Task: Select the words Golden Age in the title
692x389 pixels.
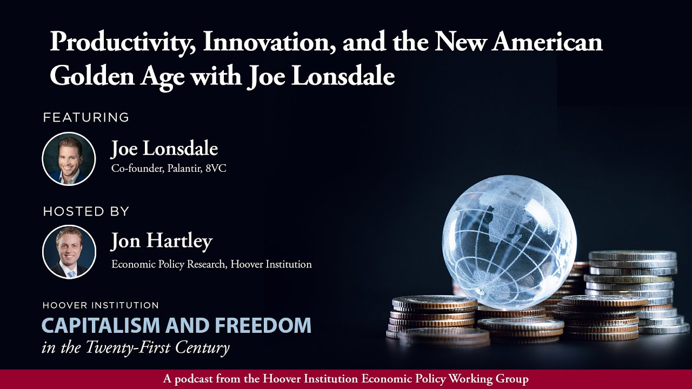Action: [116, 77]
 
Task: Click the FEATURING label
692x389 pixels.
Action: [86, 117]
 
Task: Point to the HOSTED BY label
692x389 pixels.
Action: [86, 211]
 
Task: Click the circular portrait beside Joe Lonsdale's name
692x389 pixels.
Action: [69, 159]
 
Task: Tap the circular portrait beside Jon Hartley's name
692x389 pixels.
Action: [69, 252]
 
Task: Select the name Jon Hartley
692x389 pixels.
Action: [162, 242]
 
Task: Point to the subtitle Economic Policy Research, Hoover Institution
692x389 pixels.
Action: [211, 265]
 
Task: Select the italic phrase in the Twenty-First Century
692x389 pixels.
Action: [136, 347]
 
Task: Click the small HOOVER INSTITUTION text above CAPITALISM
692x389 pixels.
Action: [101, 306]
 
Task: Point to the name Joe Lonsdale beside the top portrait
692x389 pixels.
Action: [164, 149]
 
